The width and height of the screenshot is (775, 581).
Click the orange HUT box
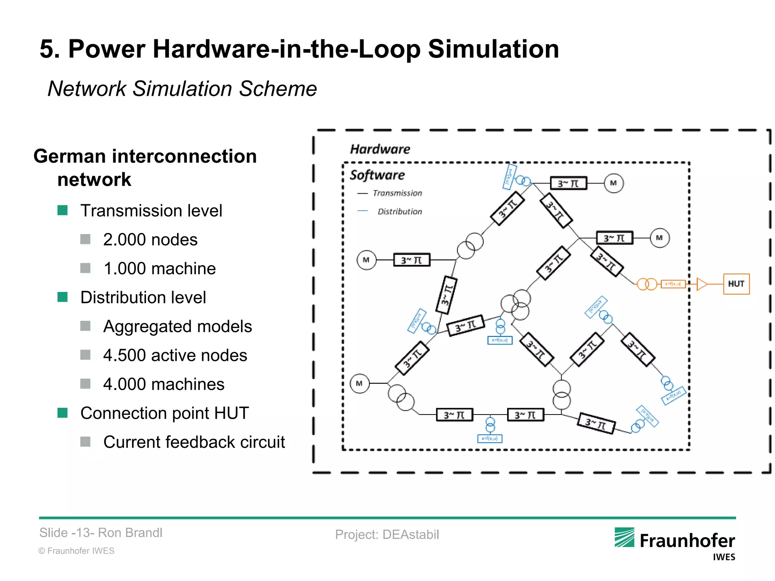tap(736, 284)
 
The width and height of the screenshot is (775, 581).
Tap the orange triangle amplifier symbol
tap(701, 284)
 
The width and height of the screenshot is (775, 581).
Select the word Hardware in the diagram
tap(380, 149)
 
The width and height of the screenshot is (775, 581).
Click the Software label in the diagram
tap(377, 175)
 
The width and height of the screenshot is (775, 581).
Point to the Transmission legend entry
tap(397, 193)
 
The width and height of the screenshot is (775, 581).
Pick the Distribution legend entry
tap(399, 211)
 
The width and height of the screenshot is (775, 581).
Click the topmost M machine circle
tap(613, 183)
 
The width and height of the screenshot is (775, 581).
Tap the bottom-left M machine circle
tap(359, 384)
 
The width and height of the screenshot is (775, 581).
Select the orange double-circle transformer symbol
tap(646, 284)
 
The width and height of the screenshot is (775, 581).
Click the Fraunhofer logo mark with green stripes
tap(624, 537)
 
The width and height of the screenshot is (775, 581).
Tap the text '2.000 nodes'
tap(150, 239)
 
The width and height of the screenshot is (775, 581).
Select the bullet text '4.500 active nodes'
tap(175, 355)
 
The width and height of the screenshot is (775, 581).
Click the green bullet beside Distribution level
tap(62, 297)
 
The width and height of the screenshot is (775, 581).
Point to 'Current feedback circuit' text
tap(194, 442)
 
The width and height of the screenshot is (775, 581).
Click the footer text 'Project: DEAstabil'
tap(387, 534)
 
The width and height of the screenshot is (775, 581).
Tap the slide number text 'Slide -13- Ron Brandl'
tap(101, 533)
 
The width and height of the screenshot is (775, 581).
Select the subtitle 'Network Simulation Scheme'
tap(182, 89)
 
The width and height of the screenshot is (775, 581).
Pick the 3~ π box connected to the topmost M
tap(568, 183)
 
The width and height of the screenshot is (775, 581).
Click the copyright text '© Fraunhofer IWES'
tap(76, 551)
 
